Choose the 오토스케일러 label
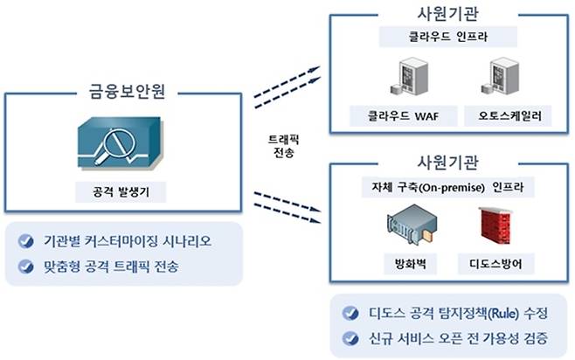[x=502, y=115]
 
